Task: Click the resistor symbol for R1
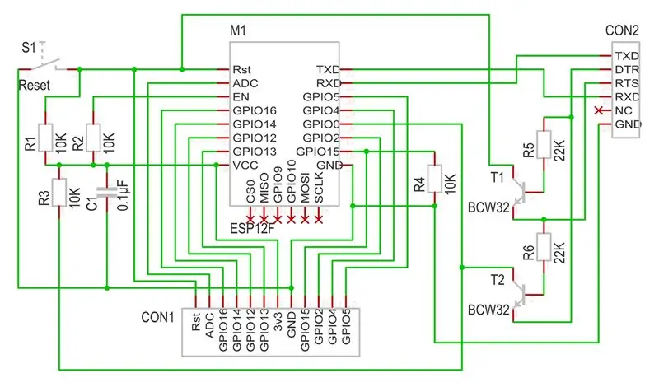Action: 45,138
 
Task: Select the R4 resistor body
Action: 435,179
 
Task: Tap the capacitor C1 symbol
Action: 107,193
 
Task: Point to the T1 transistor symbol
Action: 521,192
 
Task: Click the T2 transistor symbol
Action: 521,295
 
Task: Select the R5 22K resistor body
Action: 544,144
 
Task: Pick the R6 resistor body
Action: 544,247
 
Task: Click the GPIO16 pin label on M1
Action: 255,110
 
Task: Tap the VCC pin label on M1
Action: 245,166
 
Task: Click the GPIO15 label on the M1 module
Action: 317,152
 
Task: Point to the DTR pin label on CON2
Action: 627,69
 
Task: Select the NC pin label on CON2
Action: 624,110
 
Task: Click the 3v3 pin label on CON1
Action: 278,321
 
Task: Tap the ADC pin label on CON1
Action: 209,325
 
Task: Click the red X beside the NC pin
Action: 599,110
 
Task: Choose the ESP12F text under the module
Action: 252,229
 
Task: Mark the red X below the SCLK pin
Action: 319,219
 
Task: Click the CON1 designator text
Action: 157,317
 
